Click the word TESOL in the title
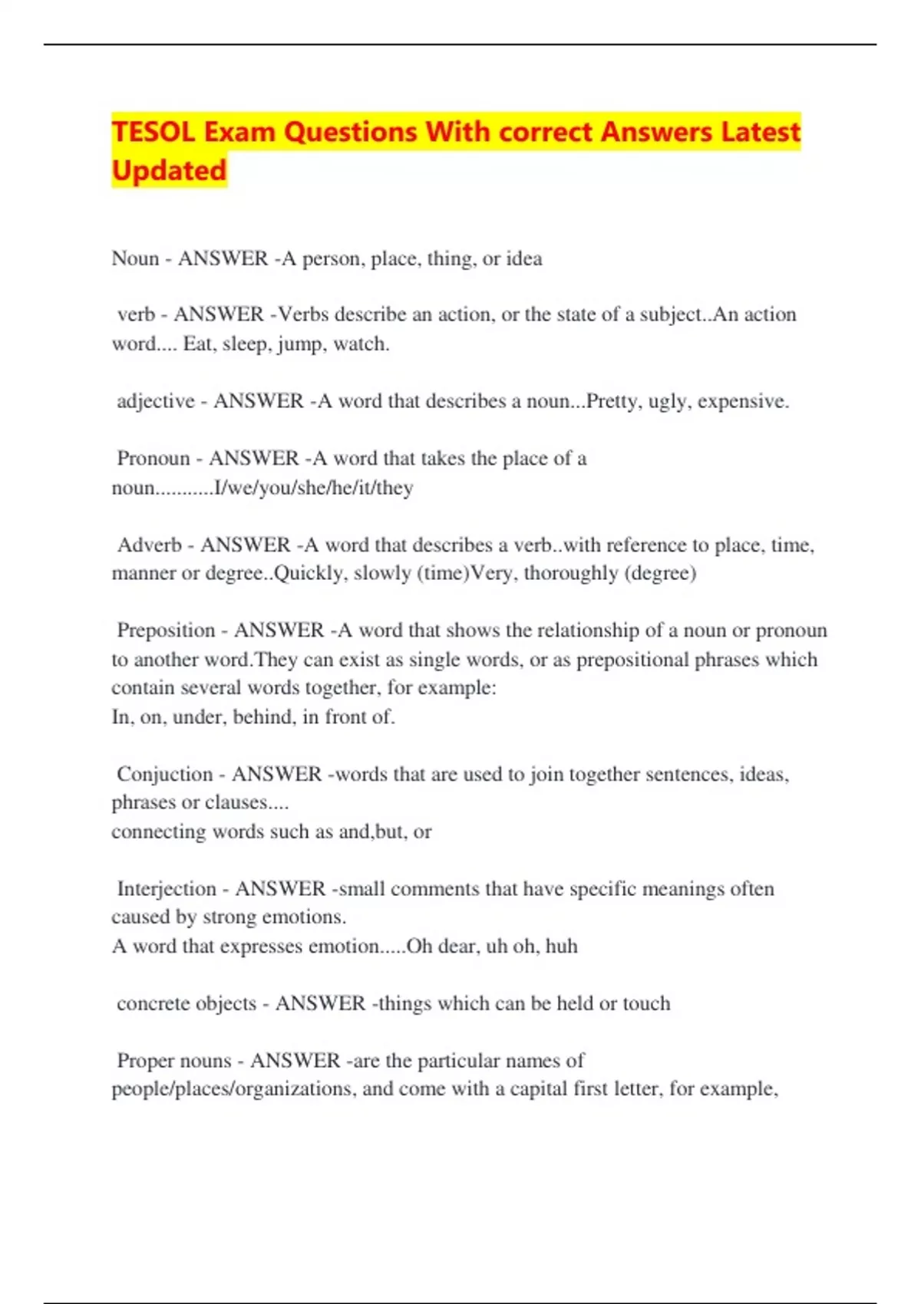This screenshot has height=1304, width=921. [x=153, y=132]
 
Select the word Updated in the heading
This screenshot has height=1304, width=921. [x=169, y=170]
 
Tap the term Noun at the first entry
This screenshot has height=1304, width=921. [x=135, y=258]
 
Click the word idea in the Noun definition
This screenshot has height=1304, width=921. [x=524, y=258]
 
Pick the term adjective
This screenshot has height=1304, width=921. [x=156, y=401]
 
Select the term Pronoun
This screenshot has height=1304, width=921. [x=153, y=458]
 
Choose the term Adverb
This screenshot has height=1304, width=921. [x=149, y=545]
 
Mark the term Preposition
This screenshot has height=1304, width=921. [x=166, y=631]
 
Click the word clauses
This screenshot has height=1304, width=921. [x=239, y=802]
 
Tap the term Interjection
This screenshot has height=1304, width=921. [x=167, y=888]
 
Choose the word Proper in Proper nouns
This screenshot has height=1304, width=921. [x=145, y=1060]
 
